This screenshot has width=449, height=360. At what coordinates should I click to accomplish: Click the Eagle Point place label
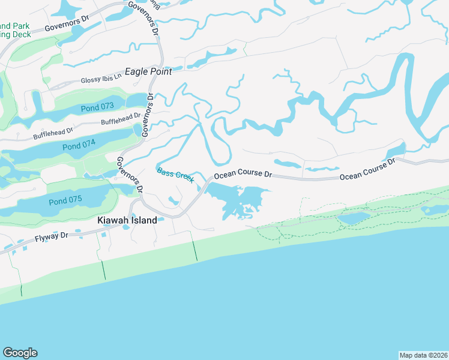tap(148, 71)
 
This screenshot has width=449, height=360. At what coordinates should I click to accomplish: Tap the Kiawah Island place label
tap(127, 220)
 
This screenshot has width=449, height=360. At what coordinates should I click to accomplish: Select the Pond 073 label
tap(97, 107)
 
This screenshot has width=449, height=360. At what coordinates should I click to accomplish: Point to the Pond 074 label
tap(79, 145)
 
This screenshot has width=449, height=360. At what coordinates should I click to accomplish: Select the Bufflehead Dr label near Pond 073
tap(121, 118)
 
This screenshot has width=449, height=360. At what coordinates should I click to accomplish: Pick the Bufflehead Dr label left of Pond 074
tap(53, 133)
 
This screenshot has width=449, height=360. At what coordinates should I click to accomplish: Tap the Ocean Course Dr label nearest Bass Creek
tap(243, 174)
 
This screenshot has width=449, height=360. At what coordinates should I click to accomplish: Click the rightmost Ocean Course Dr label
tap(368, 169)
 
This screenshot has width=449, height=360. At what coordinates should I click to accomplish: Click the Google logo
tap(20, 353)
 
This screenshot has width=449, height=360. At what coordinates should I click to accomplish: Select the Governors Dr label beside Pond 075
tap(130, 175)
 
